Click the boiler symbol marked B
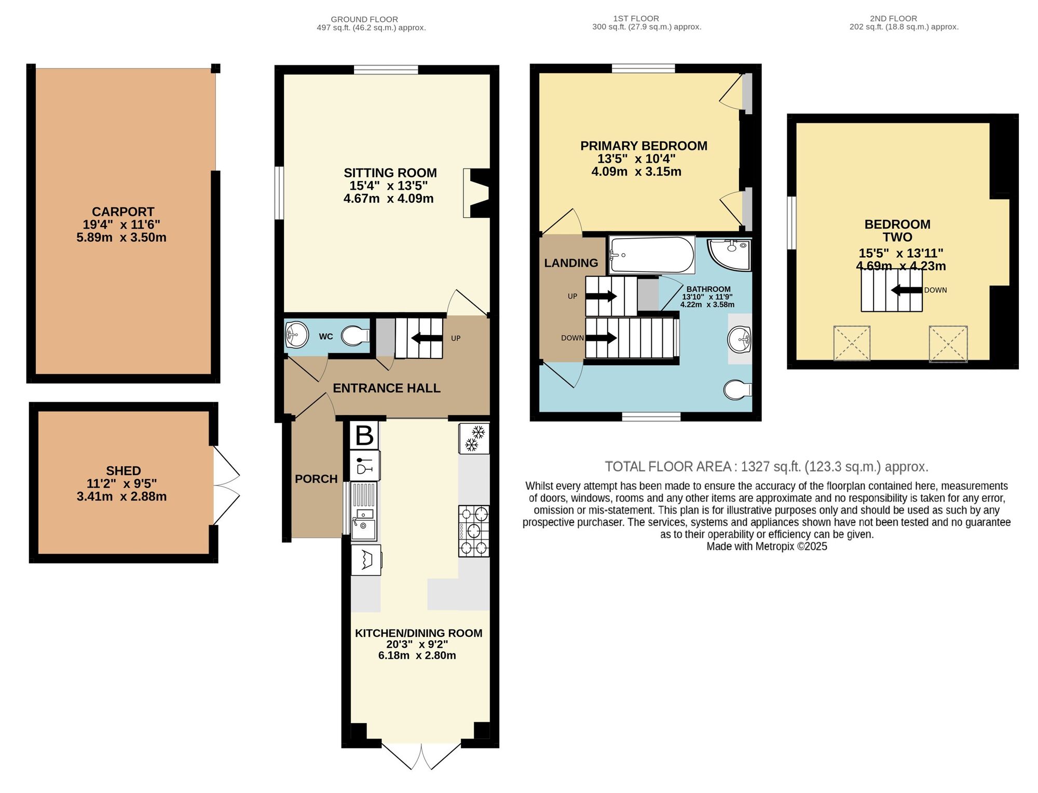pos(364,435)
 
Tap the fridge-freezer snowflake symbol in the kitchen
pos(474,439)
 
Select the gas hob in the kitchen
pos(473,531)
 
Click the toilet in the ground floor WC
pos(355,336)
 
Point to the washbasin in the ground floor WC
pos(296,335)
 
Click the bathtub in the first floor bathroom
pos(652,255)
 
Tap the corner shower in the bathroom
pos(730,254)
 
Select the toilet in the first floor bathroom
pos(737,390)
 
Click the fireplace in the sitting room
pos(476,193)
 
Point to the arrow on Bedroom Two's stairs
pos(906,290)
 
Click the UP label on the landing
pos(572,297)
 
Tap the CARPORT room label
pos(123,212)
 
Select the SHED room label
pos(124,471)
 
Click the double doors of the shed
pos(227,485)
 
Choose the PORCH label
pos(316,479)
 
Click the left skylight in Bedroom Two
pos(852,343)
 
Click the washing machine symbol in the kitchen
pos(366,560)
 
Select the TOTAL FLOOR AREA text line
pos(766,467)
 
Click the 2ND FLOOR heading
pos(893,18)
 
